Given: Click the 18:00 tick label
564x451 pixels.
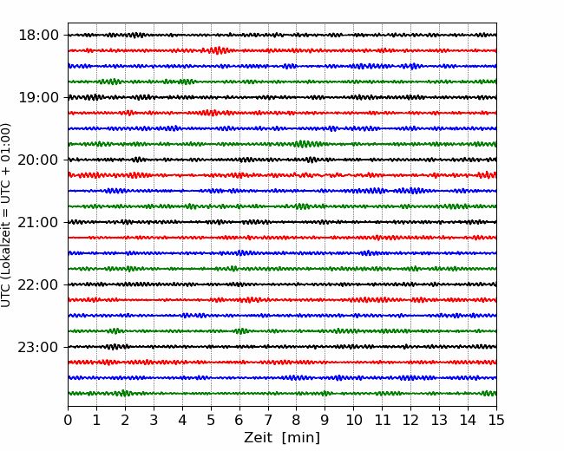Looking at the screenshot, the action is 38,36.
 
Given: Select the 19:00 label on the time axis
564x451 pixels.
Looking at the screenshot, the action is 38,97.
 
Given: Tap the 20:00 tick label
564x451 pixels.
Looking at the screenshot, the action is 38,160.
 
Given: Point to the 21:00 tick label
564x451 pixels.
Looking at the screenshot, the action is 38,222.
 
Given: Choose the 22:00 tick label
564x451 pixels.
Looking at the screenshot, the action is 38,284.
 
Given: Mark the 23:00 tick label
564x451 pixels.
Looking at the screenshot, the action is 38,347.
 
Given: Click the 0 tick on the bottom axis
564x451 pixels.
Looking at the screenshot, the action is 68,420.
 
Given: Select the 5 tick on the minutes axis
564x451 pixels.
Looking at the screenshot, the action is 211,420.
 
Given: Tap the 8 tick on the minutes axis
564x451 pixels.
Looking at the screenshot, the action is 297,420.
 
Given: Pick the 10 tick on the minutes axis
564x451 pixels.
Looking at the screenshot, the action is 353,420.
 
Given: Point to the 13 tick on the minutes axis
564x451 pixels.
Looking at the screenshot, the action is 439,420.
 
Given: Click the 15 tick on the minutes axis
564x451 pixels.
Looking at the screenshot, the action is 496,420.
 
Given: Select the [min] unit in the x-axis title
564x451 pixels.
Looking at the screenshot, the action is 301,438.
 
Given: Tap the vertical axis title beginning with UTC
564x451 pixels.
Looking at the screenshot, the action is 6,215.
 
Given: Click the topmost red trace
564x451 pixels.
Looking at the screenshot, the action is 282,50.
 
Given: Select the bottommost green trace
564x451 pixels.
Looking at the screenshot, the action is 282,394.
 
